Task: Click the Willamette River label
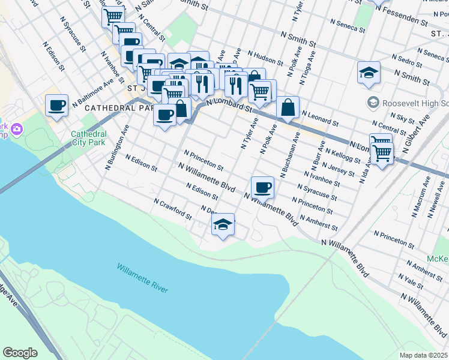coord(142,278)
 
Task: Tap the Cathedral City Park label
coord(88,138)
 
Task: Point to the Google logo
coord(20,353)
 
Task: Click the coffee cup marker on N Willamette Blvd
coord(262,187)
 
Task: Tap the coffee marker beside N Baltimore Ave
coord(57,106)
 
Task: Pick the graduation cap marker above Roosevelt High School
coord(369,73)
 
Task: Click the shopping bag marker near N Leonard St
coord(288,107)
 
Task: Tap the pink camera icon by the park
coord(16,128)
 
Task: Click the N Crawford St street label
coord(172,209)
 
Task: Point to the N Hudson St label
coord(265,58)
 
